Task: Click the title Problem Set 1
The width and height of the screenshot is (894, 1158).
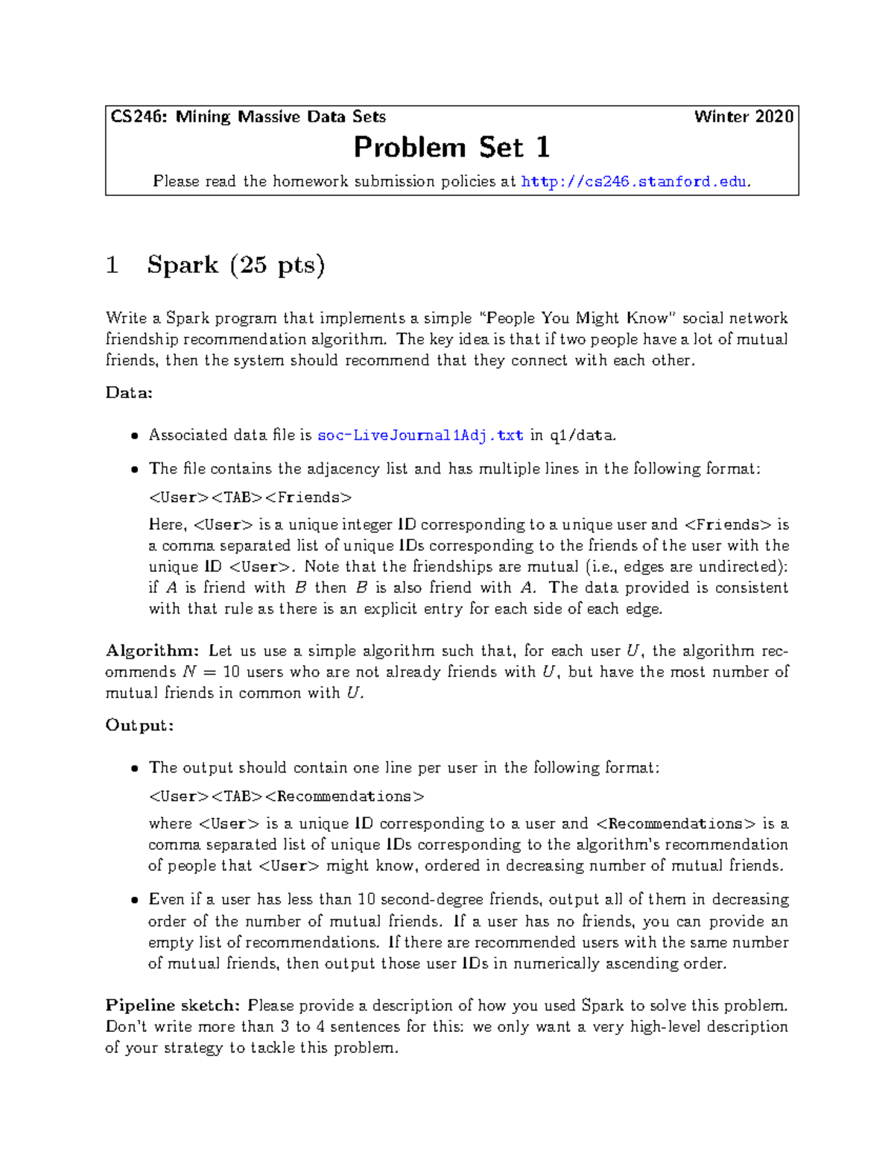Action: click(x=451, y=148)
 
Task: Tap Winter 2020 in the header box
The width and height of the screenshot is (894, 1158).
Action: click(x=743, y=117)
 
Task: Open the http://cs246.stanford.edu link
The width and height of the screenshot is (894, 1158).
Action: click(x=635, y=181)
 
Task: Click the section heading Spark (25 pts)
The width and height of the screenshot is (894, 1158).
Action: click(x=235, y=265)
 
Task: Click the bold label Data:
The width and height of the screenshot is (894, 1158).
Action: click(x=129, y=393)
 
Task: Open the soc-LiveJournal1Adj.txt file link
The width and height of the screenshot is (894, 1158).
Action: click(x=420, y=435)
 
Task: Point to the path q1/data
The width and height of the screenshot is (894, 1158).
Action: click(x=583, y=435)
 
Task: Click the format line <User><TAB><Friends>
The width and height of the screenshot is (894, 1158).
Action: click(x=250, y=497)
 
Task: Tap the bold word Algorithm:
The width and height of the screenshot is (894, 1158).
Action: click(x=152, y=651)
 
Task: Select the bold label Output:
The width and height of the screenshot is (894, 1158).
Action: click(x=139, y=726)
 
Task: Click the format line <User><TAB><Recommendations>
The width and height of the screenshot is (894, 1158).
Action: click(x=286, y=796)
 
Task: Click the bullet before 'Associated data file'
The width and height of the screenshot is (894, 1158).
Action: click(x=134, y=436)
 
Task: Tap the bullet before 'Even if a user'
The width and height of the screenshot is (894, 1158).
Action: click(x=134, y=900)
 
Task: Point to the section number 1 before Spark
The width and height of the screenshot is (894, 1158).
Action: click(x=112, y=265)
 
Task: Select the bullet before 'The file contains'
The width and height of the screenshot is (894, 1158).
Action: click(x=134, y=470)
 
